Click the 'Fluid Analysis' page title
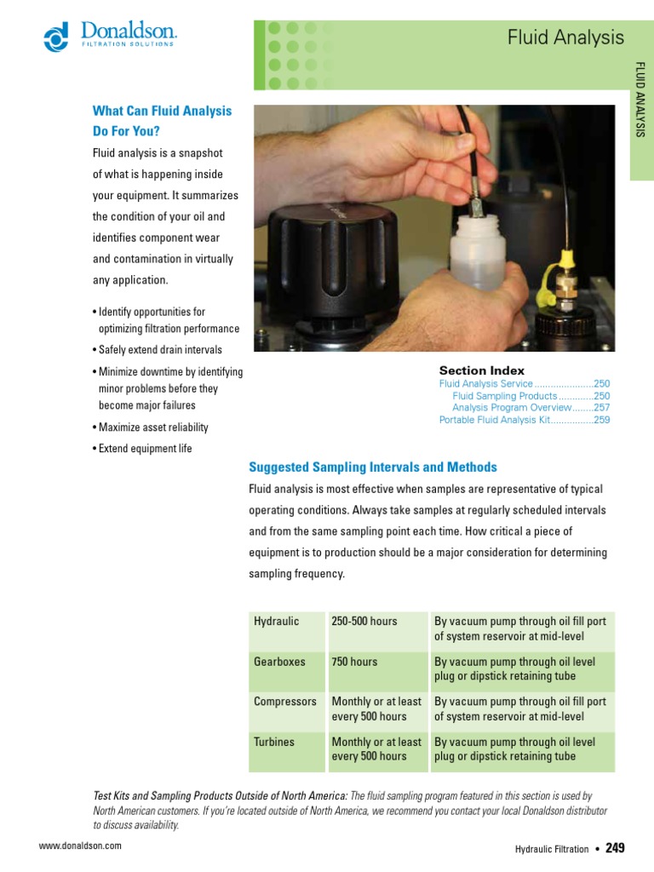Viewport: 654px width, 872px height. tap(565, 37)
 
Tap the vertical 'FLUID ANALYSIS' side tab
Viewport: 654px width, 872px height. tap(641, 100)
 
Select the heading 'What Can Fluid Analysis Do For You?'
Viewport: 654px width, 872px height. tap(162, 121)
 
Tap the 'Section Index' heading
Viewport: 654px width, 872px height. tap(481, 370)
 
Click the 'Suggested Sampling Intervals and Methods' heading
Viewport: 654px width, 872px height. tap(372, 468)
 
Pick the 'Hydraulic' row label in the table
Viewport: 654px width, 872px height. tap(277, 621)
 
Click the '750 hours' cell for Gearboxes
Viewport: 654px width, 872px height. tap(354, 662)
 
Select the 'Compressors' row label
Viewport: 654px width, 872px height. tap(284, 702)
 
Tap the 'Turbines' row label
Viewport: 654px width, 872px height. tap(273, 742)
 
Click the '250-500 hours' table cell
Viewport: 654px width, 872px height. tap(364, 621)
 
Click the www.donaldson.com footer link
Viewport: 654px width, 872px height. tap(81, 846)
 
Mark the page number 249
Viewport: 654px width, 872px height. tap(615, 847)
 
